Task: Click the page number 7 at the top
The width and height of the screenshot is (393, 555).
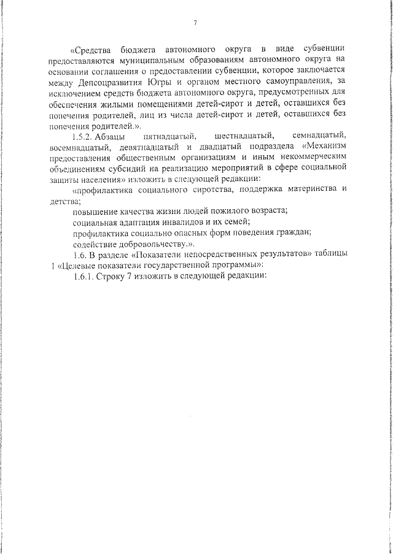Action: (195, 23)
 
